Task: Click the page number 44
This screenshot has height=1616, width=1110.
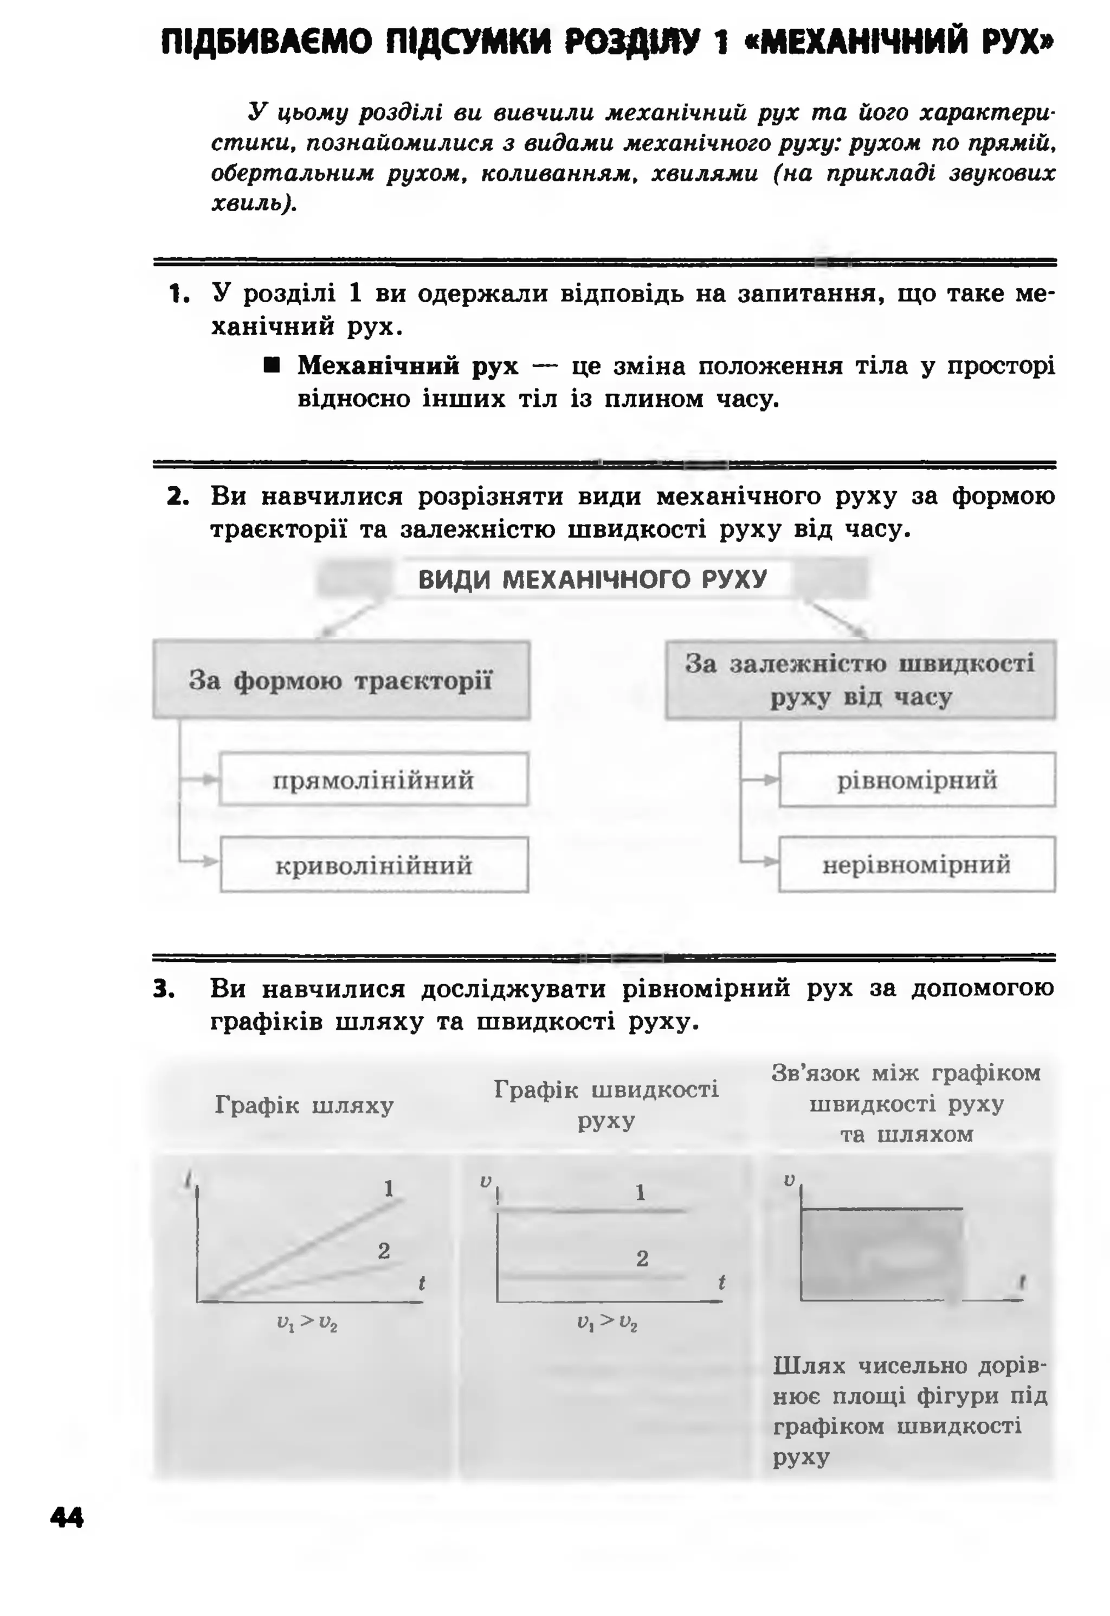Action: pos(67,1517)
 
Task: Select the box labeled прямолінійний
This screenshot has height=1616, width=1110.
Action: pos(373,780)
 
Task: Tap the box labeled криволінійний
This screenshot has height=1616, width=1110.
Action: pos(373,865)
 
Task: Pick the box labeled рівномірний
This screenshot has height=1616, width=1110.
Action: pos(917,780)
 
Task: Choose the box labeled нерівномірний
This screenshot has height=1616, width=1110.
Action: pos(917,865)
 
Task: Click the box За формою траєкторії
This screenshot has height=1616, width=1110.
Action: pos(341,680)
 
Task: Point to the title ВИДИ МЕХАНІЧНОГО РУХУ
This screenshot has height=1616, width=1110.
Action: pos(592,579)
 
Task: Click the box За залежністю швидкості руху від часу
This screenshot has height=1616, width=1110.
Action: pos(860,680)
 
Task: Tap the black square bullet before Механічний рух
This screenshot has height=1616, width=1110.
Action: pos(272,366)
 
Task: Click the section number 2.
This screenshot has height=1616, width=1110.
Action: pos(178,497)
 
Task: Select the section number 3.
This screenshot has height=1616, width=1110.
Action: pos(164,989)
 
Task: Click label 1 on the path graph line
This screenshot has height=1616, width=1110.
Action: pos(389,1188)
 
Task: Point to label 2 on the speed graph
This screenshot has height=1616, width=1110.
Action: pos(642,1259)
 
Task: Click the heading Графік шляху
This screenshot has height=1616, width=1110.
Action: pos(304,1105)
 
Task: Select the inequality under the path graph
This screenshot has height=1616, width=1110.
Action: pos(307,1323)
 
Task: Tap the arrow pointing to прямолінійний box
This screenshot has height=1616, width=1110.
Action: pos(206,780)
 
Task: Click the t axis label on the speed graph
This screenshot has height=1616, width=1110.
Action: pos(722,1282)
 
